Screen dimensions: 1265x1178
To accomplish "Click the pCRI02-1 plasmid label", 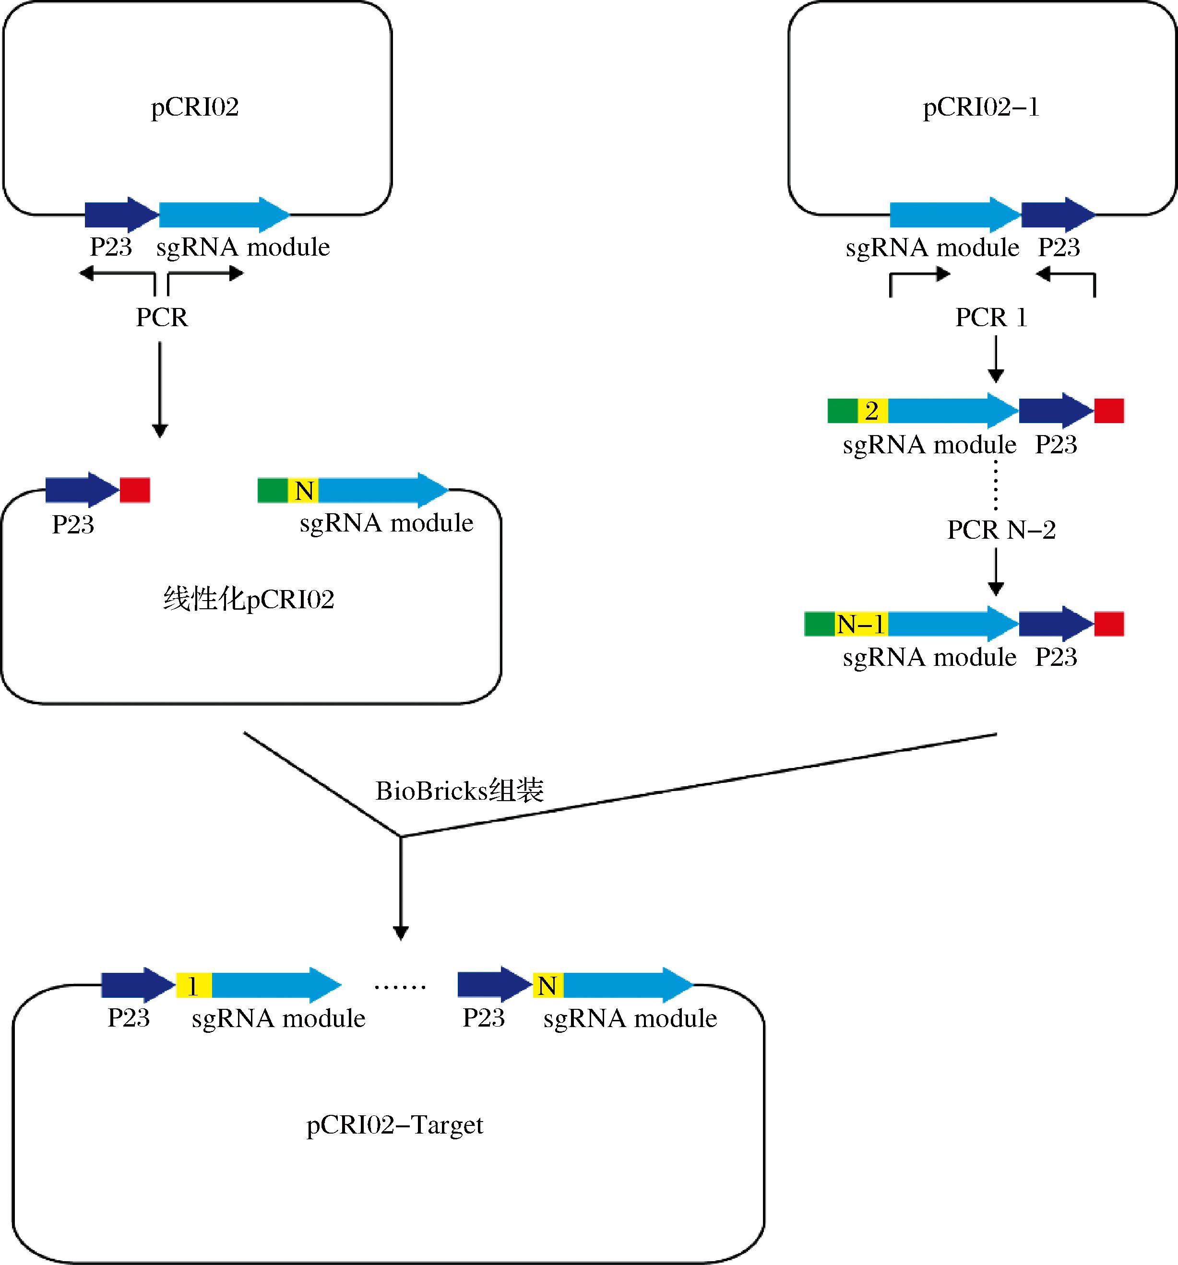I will tap(981, 107).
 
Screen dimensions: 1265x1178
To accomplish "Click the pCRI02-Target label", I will tap(394, 1125).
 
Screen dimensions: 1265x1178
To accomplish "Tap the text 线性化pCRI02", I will tap(248, 599).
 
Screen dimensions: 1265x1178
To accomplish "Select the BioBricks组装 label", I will tap(460, 791).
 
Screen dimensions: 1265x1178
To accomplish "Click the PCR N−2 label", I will tap(1001, 530).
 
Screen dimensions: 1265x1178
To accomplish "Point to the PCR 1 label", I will tap(991, 317).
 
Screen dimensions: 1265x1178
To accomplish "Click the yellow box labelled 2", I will tap(872, 411).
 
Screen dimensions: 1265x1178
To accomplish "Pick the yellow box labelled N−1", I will tap(861, 624).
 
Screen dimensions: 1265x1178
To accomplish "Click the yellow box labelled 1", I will tap(193, 986).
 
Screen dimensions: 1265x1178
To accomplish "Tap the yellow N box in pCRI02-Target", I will tap(548, 986).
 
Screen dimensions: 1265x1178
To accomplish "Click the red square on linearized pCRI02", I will tap(135, 490).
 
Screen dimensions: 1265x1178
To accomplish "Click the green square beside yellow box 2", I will tap(843, 411).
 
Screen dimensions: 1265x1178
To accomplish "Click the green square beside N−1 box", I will tap(820, 624).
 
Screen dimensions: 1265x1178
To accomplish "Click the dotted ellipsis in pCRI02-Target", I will tap(400, 987).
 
